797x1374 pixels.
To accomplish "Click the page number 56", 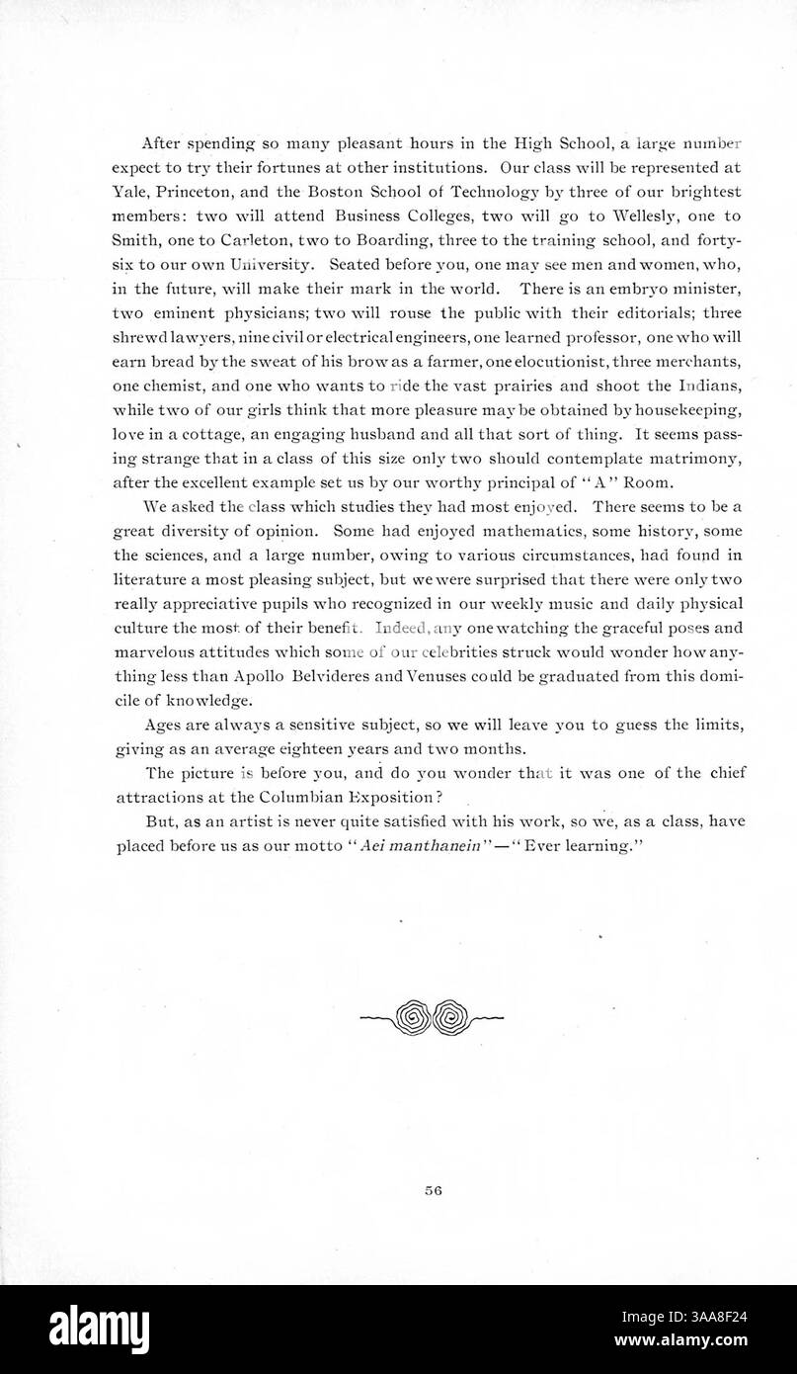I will click(432, 1191).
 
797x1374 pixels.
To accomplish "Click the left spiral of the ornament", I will click(411, 1015).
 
